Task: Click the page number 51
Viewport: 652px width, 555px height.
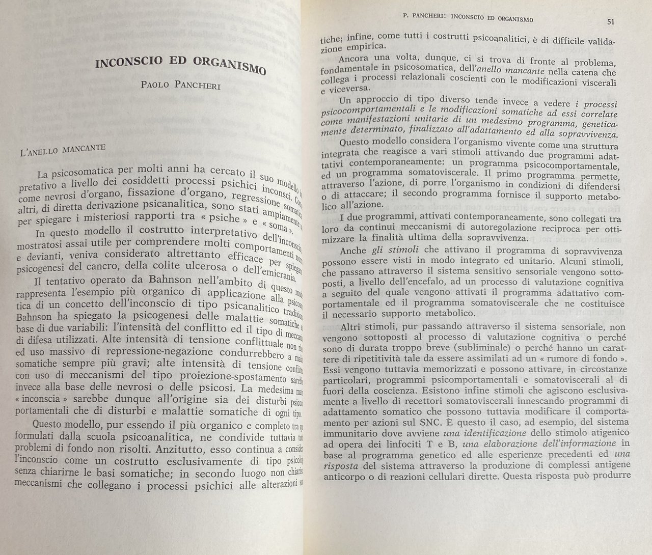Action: click(x=611, y=21)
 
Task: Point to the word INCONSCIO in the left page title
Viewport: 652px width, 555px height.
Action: click(x=128, y=63)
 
